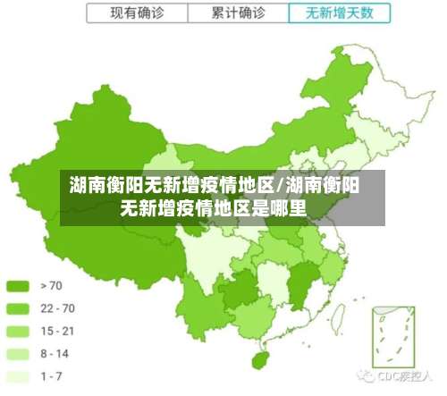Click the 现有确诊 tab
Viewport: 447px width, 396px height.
pyautogui.click(x=138, y=13)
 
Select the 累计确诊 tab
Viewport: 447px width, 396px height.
pyautogui.click(x=239, y=13)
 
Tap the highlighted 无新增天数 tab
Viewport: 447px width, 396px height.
pyautogui.click(x=340, y=13)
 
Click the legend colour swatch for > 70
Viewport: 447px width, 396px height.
pyautogui.click(x=18, y=286)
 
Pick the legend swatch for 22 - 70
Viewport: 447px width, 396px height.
pyautogui.click(x=18, y=308)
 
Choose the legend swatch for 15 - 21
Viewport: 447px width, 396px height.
pyautogui.click(x=18, y=331)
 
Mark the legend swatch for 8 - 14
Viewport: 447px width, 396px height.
pyautogui.click(x=18, y=354)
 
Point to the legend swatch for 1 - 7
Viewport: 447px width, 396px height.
pyautogui.click(x=18, y=376)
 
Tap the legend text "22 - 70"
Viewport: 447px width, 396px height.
pyautogui.click(x=58, y=308)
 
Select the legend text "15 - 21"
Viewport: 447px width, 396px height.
pyautogui.click(x=58, y=331)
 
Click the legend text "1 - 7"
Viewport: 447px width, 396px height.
pyautogui.click(x=53, y=376)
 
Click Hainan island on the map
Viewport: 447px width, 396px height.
pyautogui.click(x=262, y=358)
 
